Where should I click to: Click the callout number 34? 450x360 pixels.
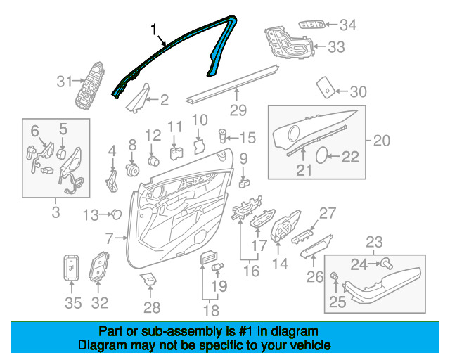[x=348, y=25]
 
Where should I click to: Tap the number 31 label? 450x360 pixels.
[x=64, y=82]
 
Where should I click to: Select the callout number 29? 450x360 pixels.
[x=238, y=110]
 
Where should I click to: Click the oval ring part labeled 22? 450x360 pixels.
[x=321, y=155]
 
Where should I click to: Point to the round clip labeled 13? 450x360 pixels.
[x=117, y=214]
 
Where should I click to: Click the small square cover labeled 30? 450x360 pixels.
[x=326, y=87]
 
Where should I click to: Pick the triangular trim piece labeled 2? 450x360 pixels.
[x=139, y=98]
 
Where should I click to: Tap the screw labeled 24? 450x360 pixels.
[x=387, y=263]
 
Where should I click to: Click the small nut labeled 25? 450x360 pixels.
[x=335, y=276]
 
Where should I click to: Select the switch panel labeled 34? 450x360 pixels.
[x=312, y=25]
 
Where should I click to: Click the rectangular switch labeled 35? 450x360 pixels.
[x=71, y=268]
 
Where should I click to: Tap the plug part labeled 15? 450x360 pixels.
[x=222, y=136]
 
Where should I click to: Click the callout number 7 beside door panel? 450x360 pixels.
[x=110, y=238]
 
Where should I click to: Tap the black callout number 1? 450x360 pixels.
[x=155, y=30]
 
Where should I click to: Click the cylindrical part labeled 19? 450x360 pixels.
[x=218, y=266]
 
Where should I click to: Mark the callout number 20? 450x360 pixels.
[x=382, y=141]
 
